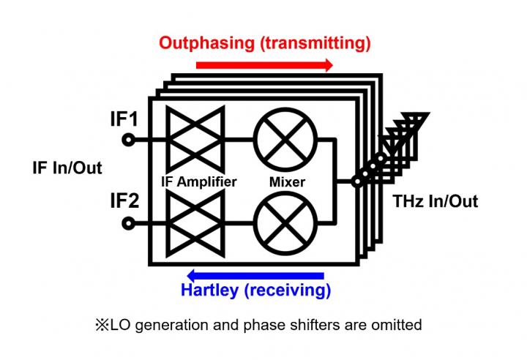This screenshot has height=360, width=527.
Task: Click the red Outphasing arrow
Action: [x=263, y=65]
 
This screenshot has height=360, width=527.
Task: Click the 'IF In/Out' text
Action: [x=67, y=168]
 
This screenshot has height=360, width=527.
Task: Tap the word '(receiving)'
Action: [x=289, y=290]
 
